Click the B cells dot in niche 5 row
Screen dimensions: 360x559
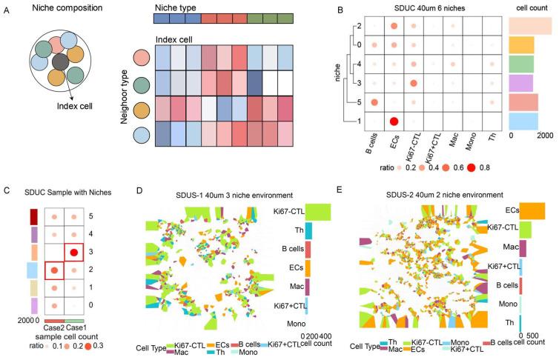[x=375, y=101]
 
